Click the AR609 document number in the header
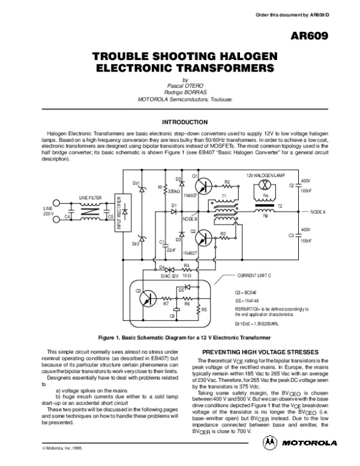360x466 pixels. point(328,37)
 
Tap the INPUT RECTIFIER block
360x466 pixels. point(119,213)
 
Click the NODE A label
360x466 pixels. point(318,213)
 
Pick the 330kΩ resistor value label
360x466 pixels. point(174,191)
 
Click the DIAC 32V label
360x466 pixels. point(170,277)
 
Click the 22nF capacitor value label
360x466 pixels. point(170,250)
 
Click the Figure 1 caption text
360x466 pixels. point(180,337)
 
